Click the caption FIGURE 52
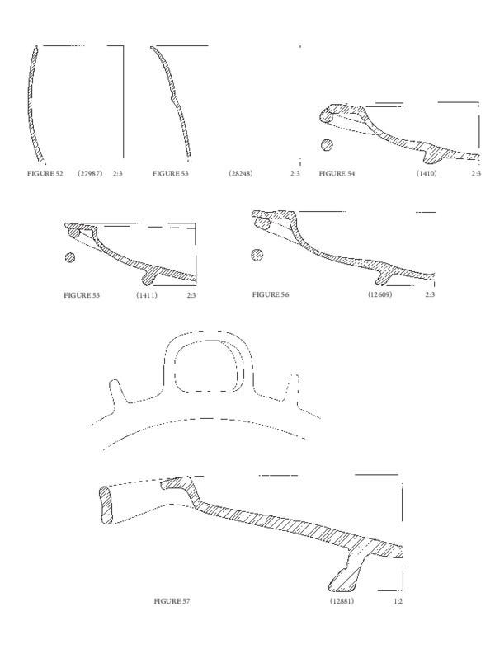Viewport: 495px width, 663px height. [x=45, y=173]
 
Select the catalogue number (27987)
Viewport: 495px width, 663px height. [x=90, y=173]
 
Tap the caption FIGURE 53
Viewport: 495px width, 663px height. [x=171, y=173]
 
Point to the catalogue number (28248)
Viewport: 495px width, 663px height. [x=241, y=173]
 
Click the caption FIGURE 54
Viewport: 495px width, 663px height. [x=337, y=173]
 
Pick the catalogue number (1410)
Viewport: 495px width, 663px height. [x=427, y=173]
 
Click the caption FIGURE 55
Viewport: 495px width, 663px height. [x=82, y=295]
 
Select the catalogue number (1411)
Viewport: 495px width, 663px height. [x=146, y=295]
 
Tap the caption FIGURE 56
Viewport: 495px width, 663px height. [x=271, y=294]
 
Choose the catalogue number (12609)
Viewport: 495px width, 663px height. [x=380, y=294]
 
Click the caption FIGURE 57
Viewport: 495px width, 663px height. [x=172, y=601]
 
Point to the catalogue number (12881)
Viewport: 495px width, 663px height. [x=342, y=601]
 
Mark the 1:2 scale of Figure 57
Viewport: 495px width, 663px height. [x=398, y=601]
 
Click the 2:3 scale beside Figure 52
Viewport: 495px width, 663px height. [x=118, y=173]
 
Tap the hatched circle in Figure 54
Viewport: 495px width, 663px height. [x=327, y=145]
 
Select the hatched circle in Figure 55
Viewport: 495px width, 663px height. [x=70, y=257]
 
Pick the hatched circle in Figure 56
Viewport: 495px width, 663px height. [x=257, y=255]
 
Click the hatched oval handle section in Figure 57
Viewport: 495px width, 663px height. [x=106, y=505]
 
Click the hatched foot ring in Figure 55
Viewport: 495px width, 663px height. [x=149, y=276]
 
